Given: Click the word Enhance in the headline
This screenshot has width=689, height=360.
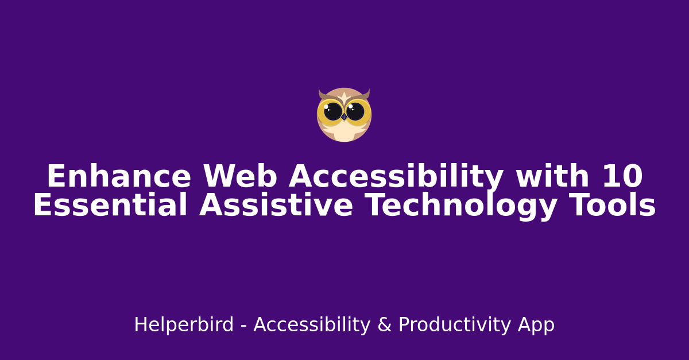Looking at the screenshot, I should [118, 177].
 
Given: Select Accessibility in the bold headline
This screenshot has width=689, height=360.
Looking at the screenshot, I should [396, 177].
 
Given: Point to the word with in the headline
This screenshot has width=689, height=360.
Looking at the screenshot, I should [552, 177].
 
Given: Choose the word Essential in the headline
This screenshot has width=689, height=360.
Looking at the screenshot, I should [110, 206].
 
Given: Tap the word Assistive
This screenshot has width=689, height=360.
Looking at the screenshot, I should [276, 206].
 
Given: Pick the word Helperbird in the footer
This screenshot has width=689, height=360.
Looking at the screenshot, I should [184, 326].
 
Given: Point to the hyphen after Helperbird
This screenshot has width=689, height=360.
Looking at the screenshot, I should [243, 327].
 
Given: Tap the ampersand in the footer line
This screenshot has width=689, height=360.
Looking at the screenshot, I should [384, 326].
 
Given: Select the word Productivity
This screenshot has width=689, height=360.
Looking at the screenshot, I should [455, 326].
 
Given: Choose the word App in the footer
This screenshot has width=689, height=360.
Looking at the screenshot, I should [536, 326].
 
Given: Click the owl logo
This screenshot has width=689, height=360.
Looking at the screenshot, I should [344, 115].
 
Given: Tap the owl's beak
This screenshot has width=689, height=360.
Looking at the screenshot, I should [344, 117].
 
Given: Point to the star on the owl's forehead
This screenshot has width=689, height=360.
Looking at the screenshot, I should [344, 96].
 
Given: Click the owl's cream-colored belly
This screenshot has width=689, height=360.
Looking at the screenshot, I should [344, 132].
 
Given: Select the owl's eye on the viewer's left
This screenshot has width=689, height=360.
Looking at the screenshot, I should [333, 111].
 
